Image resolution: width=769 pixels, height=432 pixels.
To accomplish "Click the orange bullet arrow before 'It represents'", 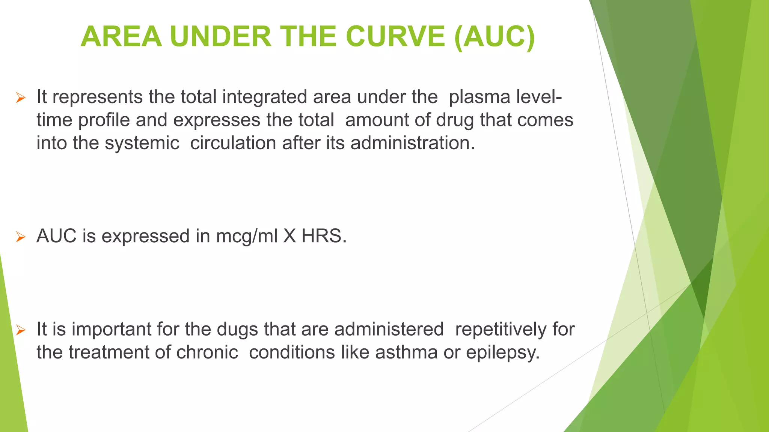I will [21, 98].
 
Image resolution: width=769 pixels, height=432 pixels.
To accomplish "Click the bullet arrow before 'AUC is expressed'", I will [21, 237].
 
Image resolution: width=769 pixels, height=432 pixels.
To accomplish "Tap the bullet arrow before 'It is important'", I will [21, 330].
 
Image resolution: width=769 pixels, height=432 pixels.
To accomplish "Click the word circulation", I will [233, 143].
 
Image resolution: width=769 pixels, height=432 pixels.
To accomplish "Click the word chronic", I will [207, 352].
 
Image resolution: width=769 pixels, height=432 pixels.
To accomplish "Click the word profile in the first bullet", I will [104, 120].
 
